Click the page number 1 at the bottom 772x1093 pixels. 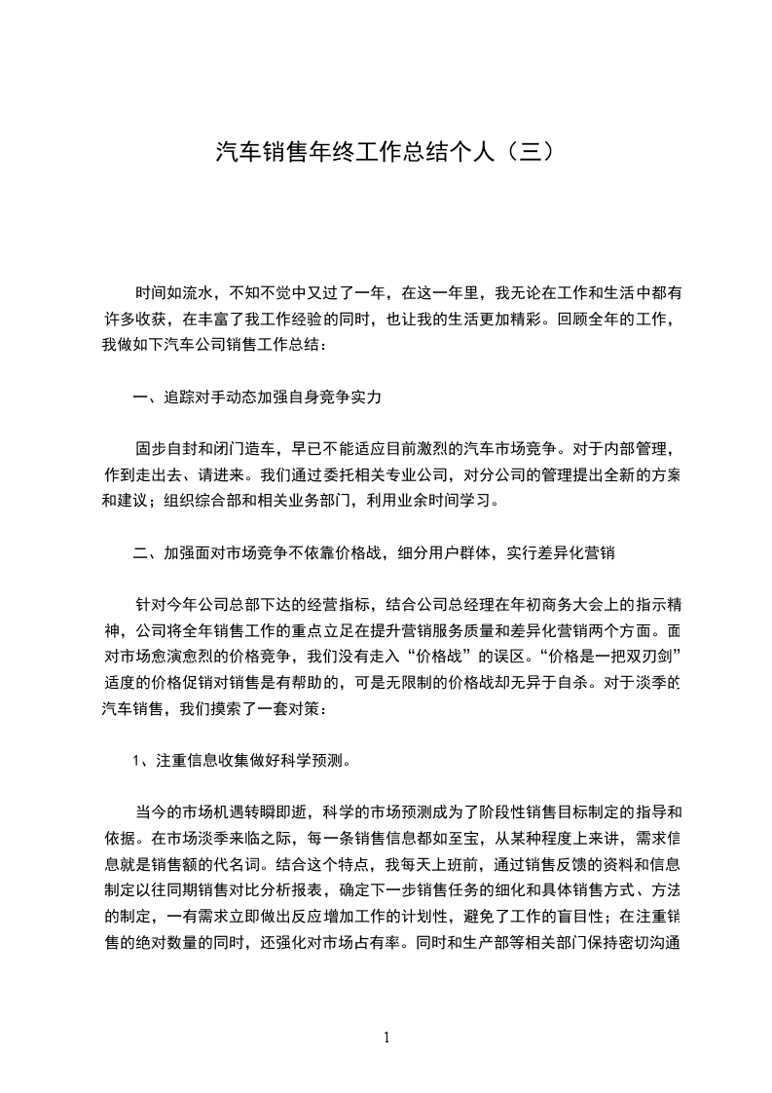[386, 1036]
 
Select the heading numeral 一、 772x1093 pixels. [145, 397]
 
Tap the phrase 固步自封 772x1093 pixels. [166, 450]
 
